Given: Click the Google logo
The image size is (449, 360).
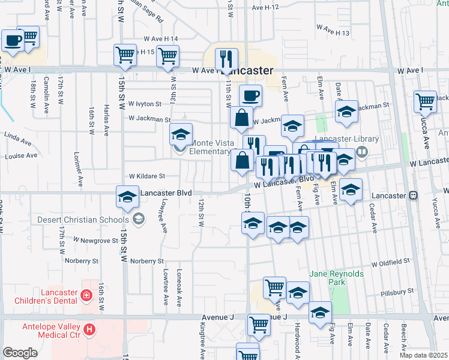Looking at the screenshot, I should click(20, 352).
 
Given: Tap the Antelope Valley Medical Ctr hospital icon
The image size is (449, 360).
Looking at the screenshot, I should click(89, 329).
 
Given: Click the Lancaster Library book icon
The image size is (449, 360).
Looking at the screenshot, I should click(361, 152).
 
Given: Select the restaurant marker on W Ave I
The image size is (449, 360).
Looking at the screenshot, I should click(226, 58).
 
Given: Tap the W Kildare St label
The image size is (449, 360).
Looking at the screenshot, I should click(147, 176).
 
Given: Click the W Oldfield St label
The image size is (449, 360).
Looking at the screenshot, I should click(390, 262).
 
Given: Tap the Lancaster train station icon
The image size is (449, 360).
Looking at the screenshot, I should click(413, 196).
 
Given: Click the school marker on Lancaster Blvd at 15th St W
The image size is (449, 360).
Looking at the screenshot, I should click(127, 196).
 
